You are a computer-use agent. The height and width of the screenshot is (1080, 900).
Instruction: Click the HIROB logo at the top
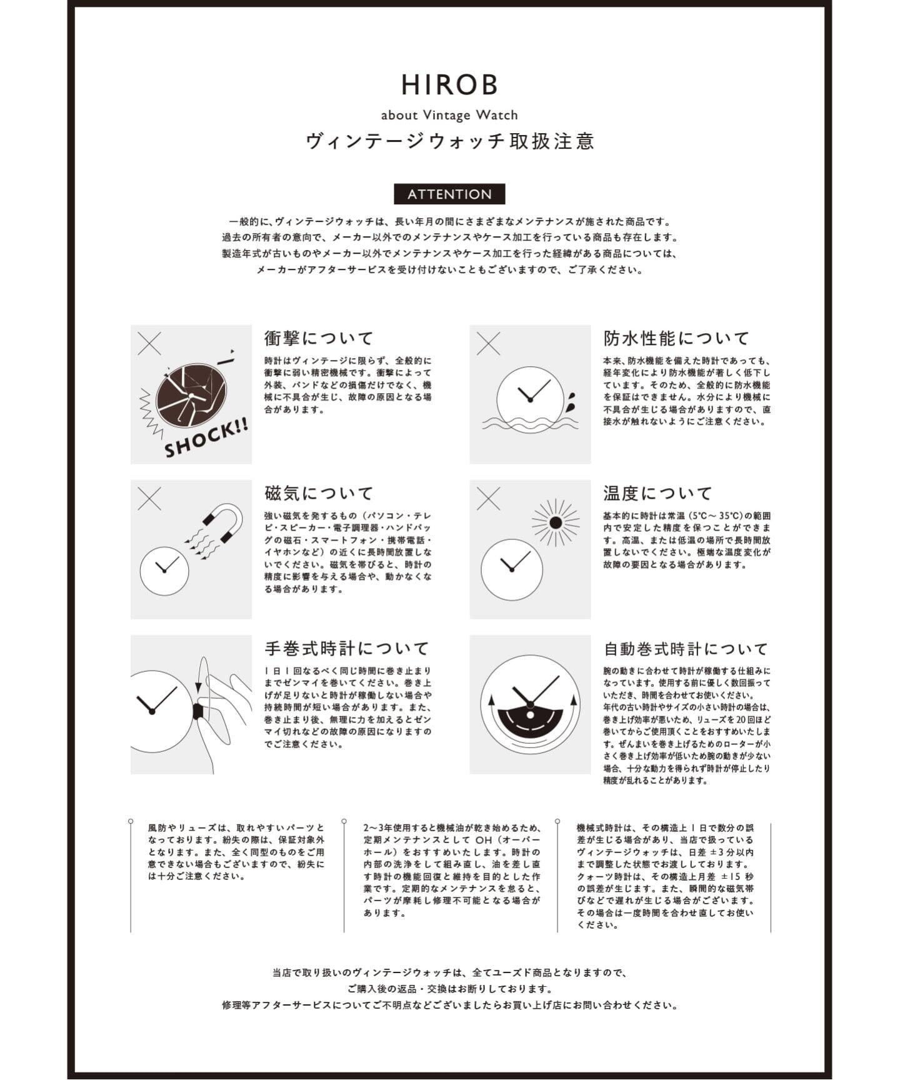(449, 85)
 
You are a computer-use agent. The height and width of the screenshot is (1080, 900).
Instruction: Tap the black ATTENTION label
(449, 194)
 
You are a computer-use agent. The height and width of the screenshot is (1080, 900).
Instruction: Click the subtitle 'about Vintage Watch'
(449, 115)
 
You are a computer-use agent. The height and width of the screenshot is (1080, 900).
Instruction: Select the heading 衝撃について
(319, 338)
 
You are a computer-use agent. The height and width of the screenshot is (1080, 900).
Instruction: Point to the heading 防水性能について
(676, 338)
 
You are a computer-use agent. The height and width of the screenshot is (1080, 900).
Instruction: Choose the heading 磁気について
(319, 493)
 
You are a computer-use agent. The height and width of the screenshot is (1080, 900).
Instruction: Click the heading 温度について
(657, 493)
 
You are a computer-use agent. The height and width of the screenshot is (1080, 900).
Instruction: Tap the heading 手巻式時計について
(347, 648)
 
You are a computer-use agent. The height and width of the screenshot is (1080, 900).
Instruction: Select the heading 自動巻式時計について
(686, 648)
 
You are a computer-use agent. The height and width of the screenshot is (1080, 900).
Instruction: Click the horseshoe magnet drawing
(225, 522)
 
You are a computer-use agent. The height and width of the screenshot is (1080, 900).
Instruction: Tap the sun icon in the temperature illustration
(556, 522)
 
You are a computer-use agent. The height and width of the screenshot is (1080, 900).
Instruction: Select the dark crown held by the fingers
(198, 711)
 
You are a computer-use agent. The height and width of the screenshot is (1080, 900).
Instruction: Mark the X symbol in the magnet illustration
(149, 499)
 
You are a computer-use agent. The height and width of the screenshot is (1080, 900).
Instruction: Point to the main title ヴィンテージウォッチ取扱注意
(449, 141)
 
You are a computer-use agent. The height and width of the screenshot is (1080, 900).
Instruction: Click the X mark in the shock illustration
(149, 343)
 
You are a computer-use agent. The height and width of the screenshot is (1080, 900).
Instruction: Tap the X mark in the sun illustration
(488, 499)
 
